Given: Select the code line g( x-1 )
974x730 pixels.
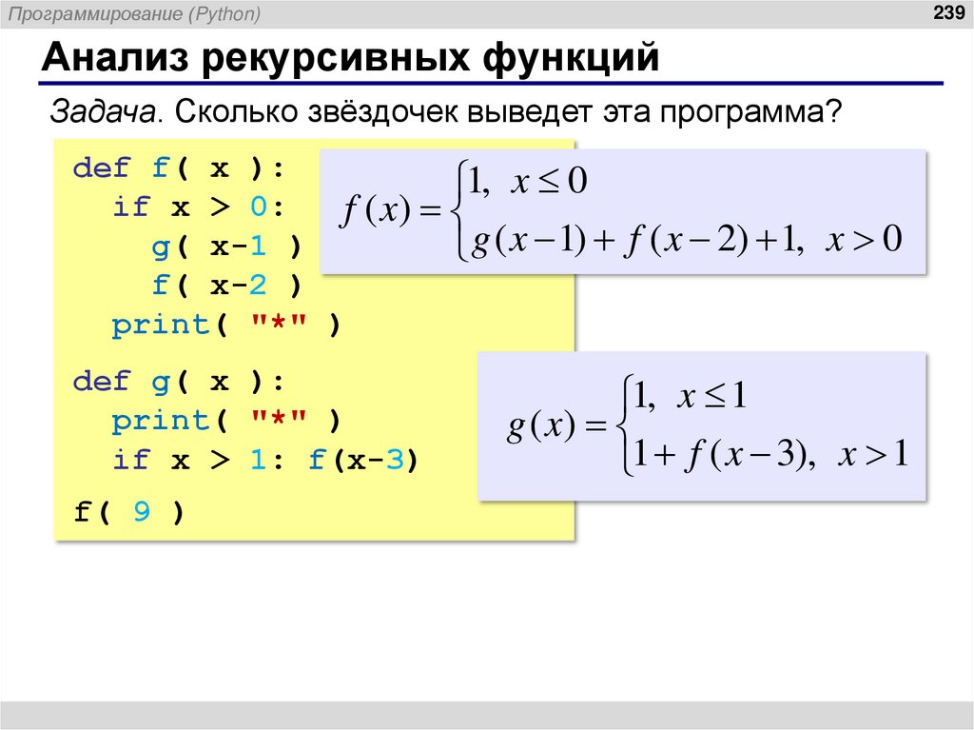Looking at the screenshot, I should tap(225, 247).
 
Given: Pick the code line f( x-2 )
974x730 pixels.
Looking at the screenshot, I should tap(225, 286).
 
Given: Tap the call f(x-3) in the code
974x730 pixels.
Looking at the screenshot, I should tap(362, 460).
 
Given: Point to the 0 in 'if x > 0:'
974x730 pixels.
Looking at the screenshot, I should tap(259, 207).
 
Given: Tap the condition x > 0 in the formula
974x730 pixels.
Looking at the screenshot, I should tap(863, 240).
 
